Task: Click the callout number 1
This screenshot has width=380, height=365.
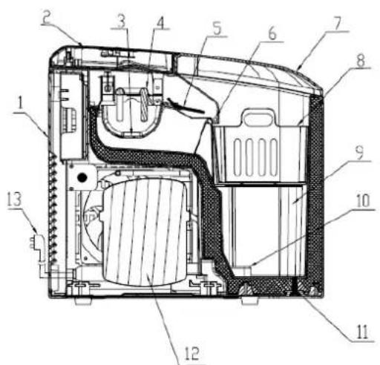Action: coord(20,103)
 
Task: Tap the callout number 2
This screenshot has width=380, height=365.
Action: coord(46,18)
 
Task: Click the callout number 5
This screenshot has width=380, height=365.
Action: coord(217,29)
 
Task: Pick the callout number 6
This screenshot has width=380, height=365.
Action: coord(272,33)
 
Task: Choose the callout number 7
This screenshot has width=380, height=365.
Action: coord(338,23)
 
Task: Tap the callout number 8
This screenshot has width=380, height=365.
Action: coord(361,60)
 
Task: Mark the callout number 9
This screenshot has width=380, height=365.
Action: coord(360,153)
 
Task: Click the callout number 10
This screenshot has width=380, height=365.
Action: coord(363,200)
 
